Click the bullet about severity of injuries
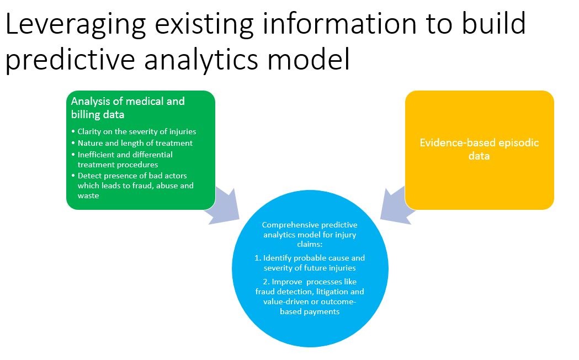[x=136, y=131]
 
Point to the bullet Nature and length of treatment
[x=135, y=143]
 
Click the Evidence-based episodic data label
[x=479, y=149]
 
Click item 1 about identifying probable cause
[x=310, y=263]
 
